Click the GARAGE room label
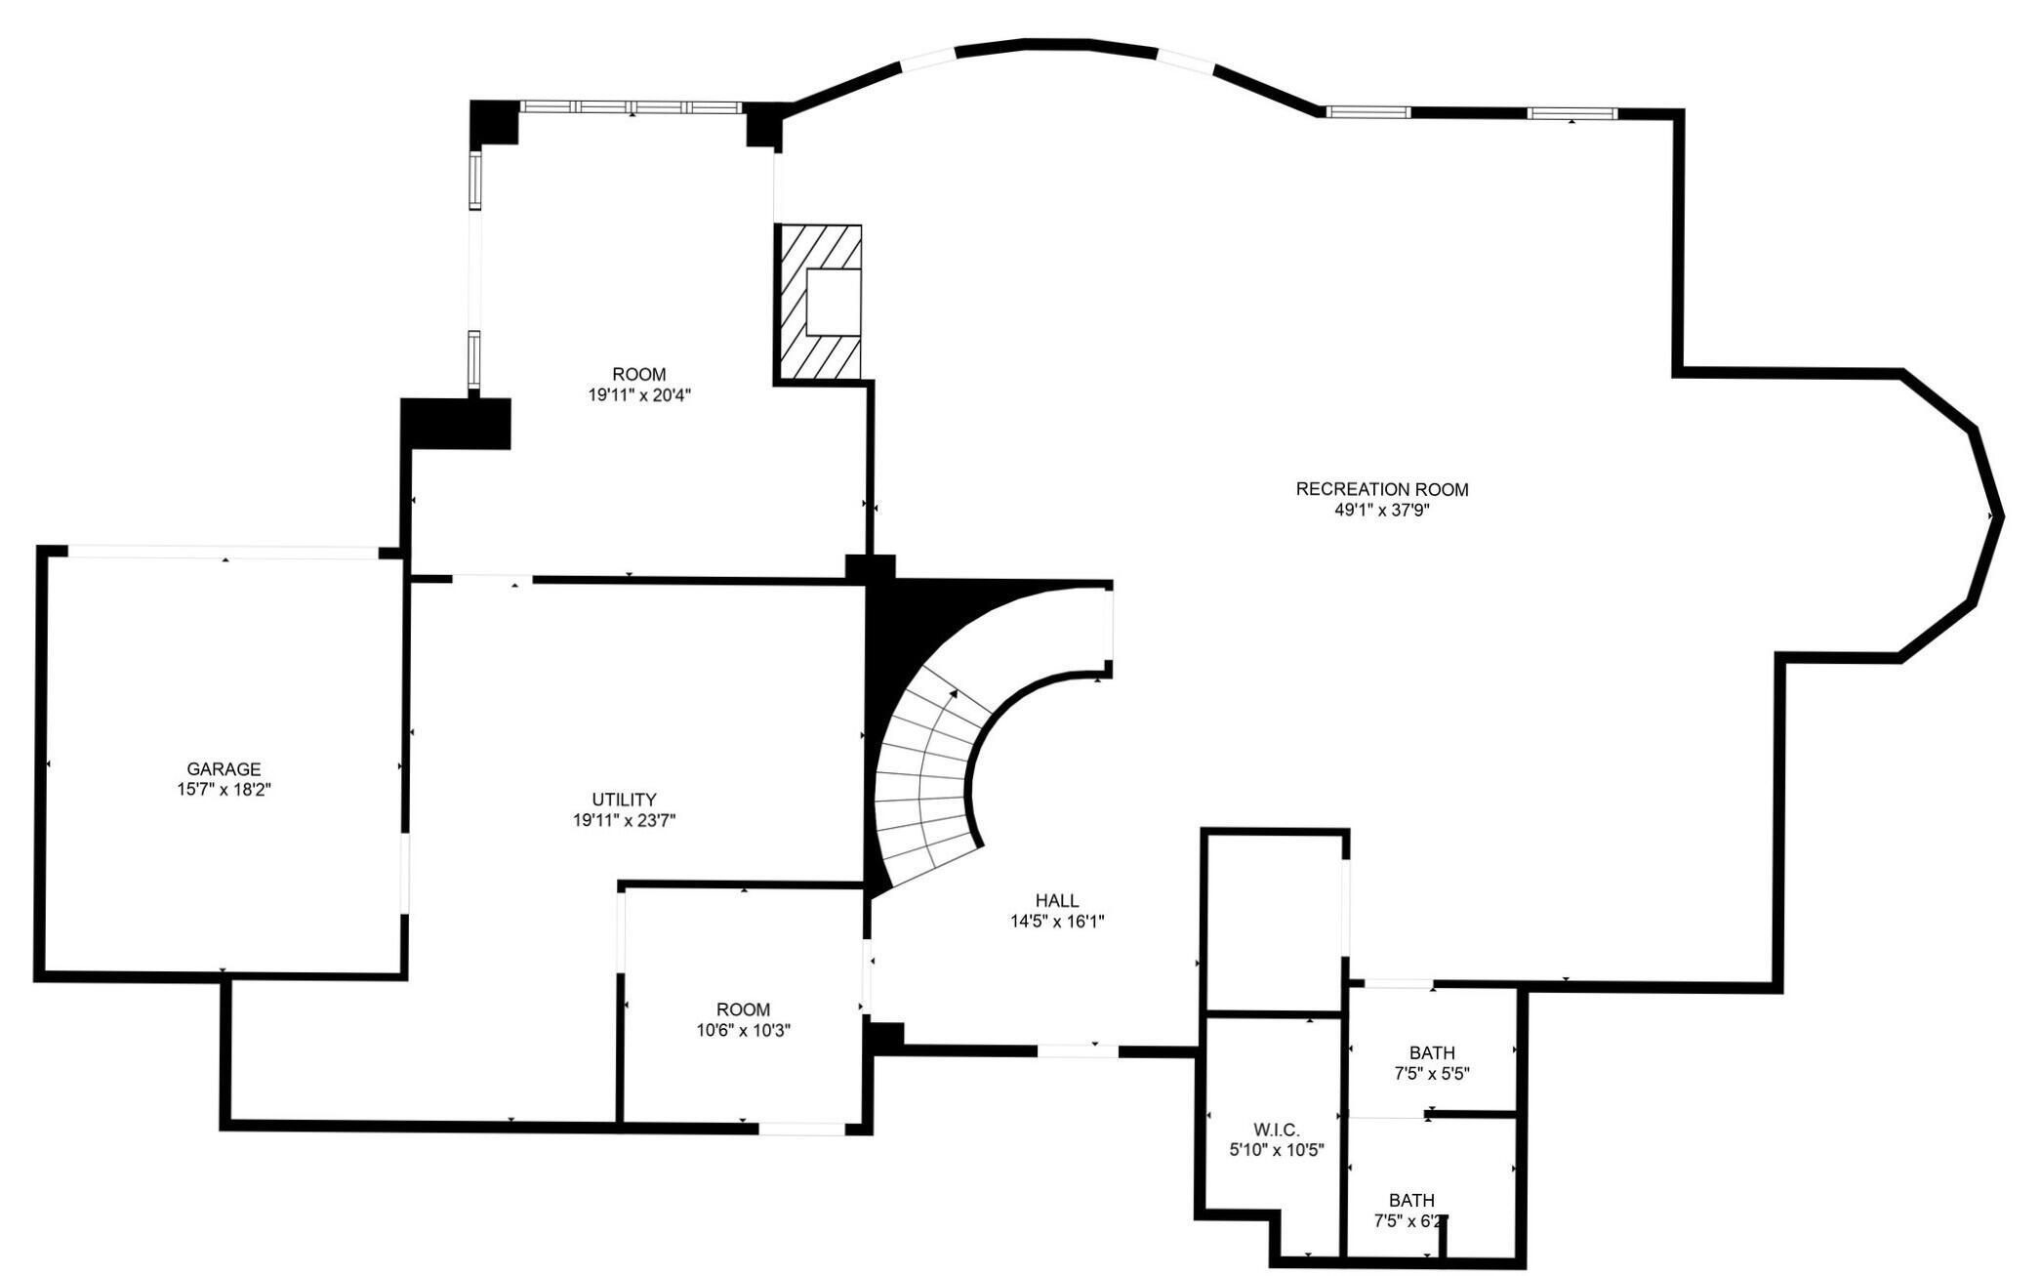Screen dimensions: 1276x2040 [x=224, y=769]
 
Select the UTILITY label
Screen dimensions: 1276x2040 [x=624, y=800]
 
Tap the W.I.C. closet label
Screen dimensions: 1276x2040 [x=1276, y=1130]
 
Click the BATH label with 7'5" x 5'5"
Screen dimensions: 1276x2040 [x=1432, y=1052]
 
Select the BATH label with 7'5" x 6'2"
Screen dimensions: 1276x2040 [x=1411, y=1200]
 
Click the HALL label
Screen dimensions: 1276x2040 [x=1057, y=900]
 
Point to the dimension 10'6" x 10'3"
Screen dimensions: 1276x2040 [x=743, y=1030]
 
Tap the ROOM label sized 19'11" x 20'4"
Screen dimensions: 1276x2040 [x=639, y=374]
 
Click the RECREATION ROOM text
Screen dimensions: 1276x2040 [x=1381, y=489]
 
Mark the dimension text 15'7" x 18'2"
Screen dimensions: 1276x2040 [x=224, y=790]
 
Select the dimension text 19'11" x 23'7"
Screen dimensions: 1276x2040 [x=624, y=821]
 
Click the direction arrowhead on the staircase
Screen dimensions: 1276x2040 [x=953, y=694]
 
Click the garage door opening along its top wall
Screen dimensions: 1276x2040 [x=223, y=553]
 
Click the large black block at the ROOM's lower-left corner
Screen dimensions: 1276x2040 [x=457, y=424]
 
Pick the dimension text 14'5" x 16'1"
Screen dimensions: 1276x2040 [x=1057, y=921]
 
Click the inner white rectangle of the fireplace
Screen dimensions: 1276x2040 [x=833, y=302]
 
